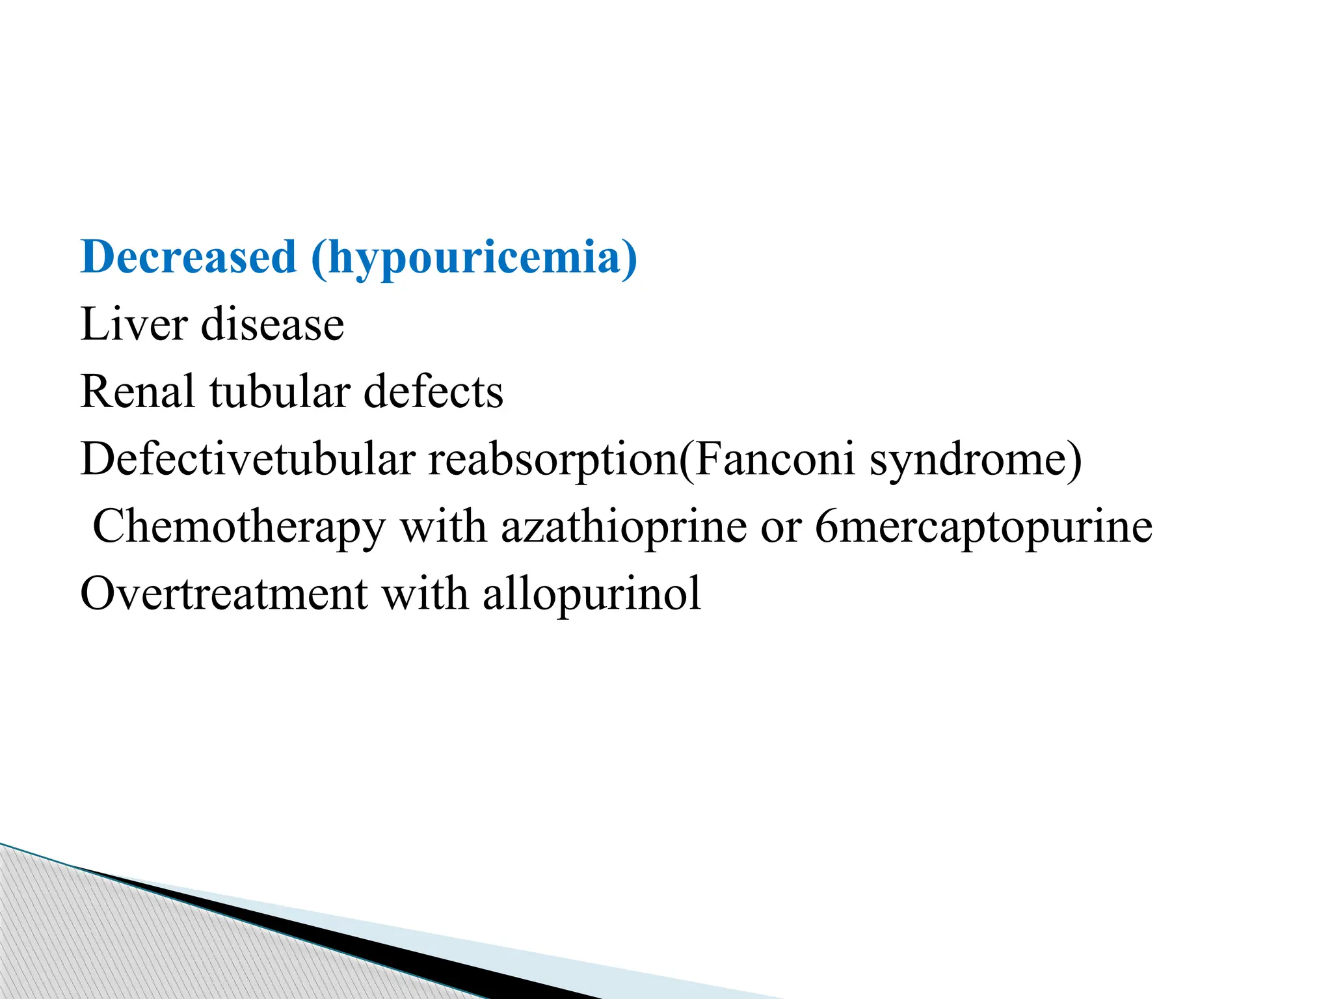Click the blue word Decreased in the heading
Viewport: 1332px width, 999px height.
point(189,257)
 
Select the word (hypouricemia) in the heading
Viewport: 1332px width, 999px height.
point(474,258)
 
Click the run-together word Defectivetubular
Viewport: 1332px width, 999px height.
point(248,459)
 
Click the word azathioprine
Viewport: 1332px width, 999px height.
point(624,527)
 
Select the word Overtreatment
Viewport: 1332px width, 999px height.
point(224,594)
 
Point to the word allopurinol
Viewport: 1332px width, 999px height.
point(592,595)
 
